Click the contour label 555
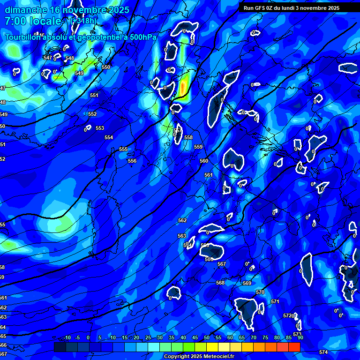tap(123, 149)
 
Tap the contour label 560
tap(204, 161)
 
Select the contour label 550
tap(106, 67)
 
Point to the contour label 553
tap(100, 128)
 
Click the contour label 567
tap(222, 264)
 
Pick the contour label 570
tap(260, 292)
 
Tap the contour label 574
tap(323, 352)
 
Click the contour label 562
tap(182, 220)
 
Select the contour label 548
tap(70, 58)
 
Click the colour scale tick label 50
tap(207, 337)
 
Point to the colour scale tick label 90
tap(300, 337)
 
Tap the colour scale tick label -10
tap(67, 337)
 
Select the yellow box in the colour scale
tap(212, 346)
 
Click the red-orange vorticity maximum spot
tap(183, 86)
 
